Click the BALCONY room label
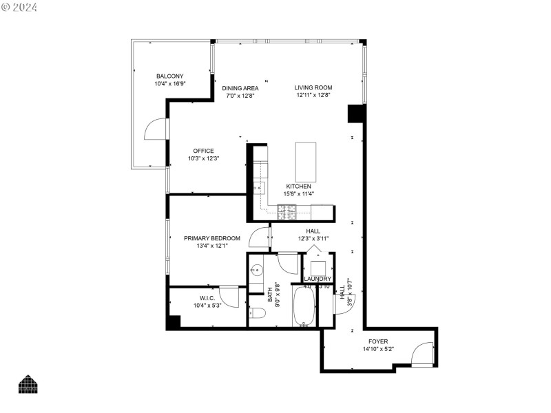coord(169,76)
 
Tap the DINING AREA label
coord(240,87)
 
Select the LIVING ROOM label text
coord(313,87)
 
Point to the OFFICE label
coord(203,151)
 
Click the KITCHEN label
coord(299,187)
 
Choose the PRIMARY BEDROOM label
coord(211,238)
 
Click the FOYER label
coord(378,341)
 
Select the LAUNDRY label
coord(318,278)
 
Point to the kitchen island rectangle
coord(306,162)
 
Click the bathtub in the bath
coord(304,307)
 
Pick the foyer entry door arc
coord(420,354)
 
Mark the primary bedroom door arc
coord(260,237)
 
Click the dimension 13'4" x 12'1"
coord(211,246)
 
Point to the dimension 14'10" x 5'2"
coord(378,349)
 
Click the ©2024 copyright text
coord(19,8)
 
